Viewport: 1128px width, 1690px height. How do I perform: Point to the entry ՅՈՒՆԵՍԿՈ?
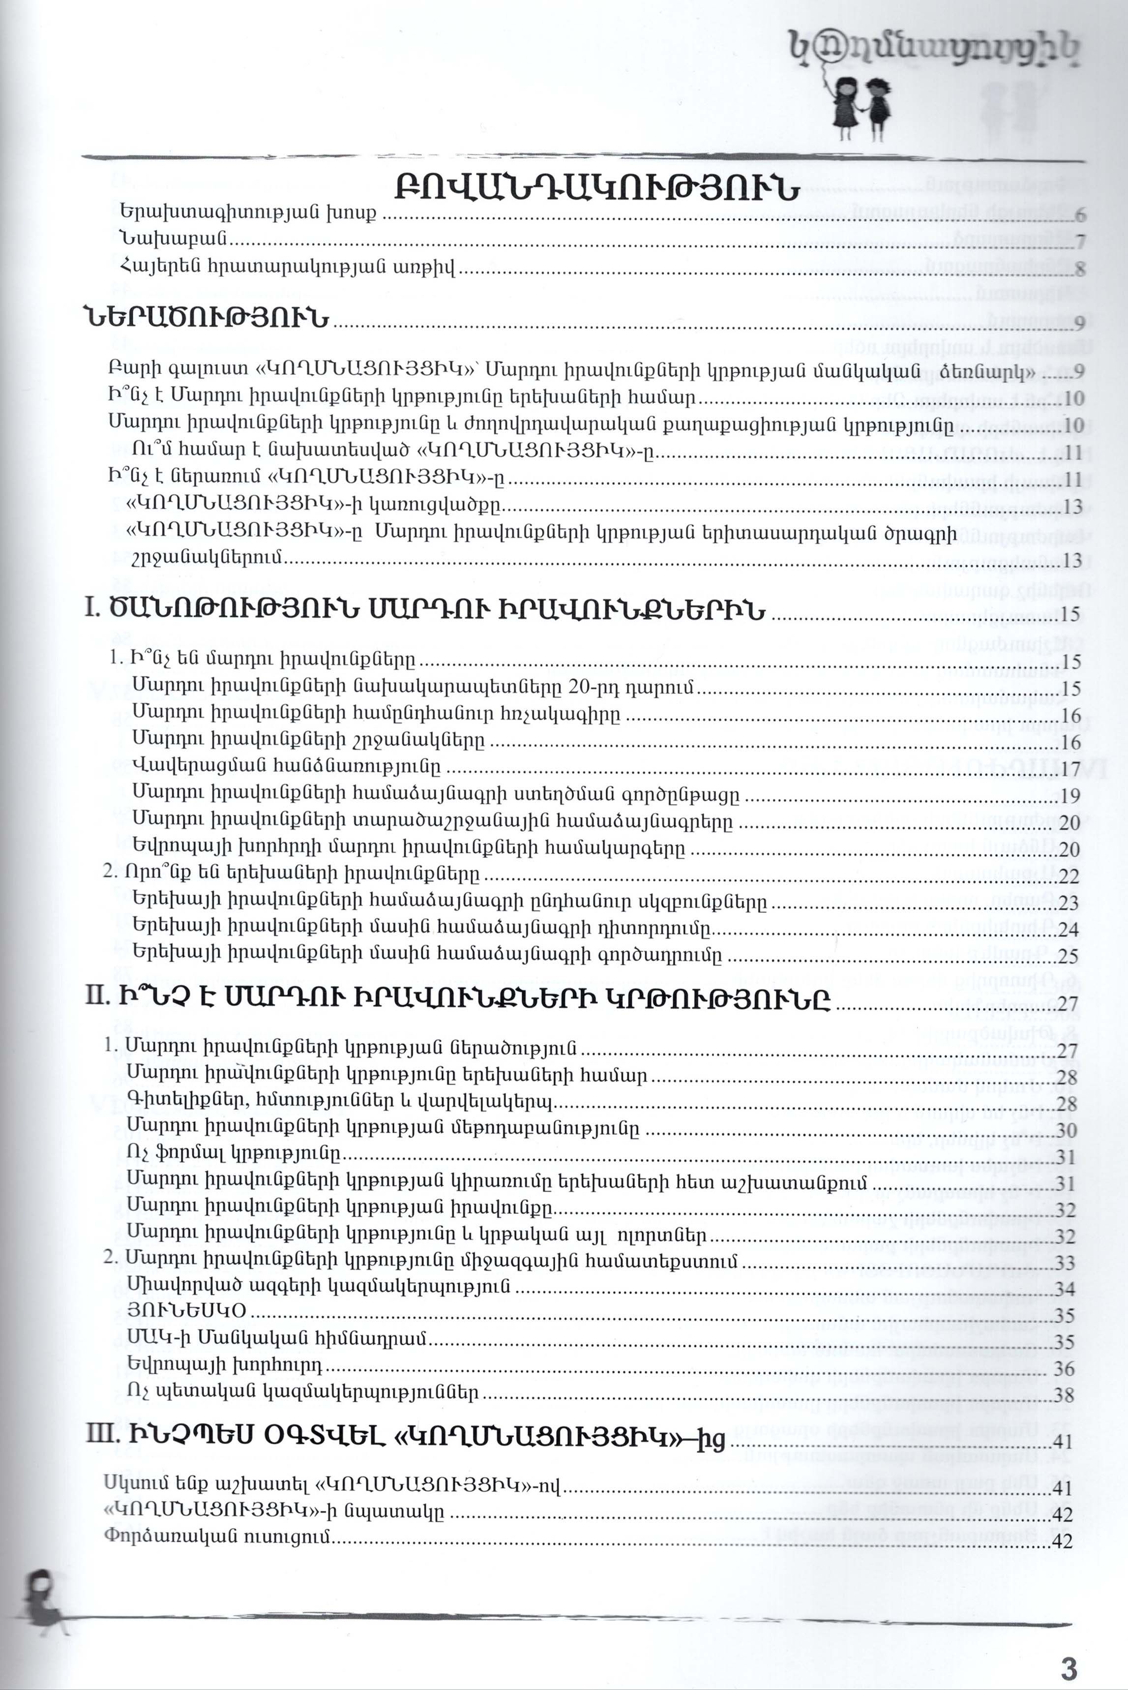pos(186,1310)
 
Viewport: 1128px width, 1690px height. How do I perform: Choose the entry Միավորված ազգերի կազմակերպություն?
pos(318,1284)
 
